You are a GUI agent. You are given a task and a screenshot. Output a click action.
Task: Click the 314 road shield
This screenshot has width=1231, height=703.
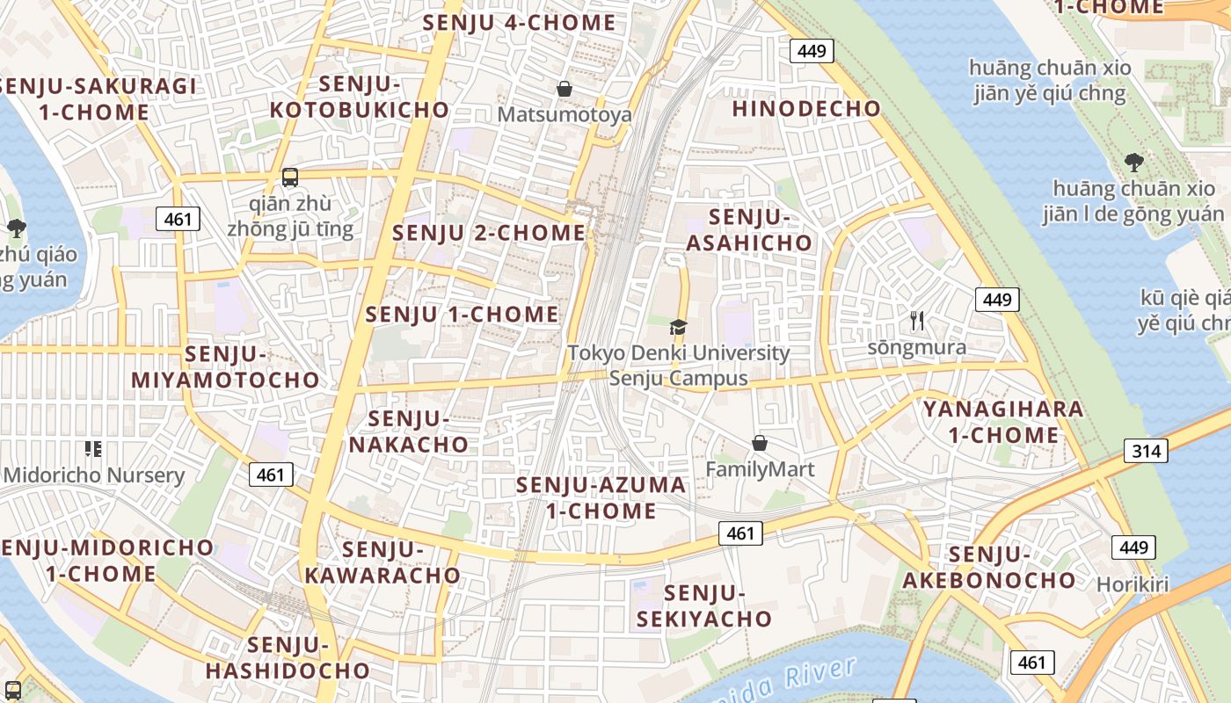pos(1146,452)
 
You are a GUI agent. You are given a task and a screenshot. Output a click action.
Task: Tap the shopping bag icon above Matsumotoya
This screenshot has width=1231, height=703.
pos(565,89)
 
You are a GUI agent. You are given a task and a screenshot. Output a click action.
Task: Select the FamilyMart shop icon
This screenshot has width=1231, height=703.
pos(760,444)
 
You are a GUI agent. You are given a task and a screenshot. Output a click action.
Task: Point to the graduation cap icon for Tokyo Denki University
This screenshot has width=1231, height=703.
pos(678,328)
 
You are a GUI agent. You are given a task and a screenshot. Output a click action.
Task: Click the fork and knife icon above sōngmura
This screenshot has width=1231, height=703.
pos(917,321)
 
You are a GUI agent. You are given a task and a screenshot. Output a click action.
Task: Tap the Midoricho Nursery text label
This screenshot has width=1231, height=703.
pos(94,475)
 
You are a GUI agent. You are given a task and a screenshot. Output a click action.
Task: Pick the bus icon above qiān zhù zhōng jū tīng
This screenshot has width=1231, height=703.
pos(290,178)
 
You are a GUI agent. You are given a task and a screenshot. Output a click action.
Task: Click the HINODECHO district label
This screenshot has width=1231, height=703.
pos(806,109)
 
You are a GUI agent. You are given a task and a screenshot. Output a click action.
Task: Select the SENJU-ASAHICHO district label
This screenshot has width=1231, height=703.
pos(749,230)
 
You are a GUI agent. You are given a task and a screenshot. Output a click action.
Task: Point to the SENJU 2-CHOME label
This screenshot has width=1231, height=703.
pos(488,233)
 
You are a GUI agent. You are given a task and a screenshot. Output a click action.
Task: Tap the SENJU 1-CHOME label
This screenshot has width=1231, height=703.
pos(462,315)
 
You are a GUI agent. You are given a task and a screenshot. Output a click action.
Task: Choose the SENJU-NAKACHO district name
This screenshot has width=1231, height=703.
pos(409,431)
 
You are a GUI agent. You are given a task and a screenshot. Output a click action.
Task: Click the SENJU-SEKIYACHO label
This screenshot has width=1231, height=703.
pos(704,605)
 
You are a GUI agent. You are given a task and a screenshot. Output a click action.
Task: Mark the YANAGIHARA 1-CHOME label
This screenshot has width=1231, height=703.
pos(1003,422)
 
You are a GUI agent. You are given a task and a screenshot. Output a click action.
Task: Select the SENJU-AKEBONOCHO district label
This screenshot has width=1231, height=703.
pos(989,567)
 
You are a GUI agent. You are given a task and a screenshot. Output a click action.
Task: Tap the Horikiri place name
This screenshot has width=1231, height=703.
pos(1133,584)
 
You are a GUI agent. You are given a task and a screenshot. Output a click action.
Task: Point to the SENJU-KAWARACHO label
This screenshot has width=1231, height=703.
pos(382,562)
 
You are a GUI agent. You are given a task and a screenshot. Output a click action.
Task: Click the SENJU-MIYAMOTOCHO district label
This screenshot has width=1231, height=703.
pos(226,367)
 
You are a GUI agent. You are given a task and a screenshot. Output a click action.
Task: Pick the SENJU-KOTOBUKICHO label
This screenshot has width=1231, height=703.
pos(360,97)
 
